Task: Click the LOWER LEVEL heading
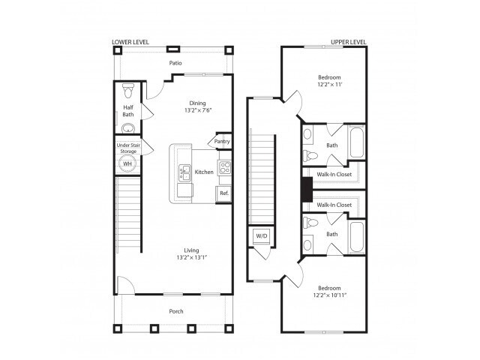(x=133, y=42)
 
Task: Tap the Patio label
(x=175, y=63)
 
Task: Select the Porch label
(x=175, y=311)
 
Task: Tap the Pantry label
(x=222, y=141)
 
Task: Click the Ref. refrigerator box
(x=223, y=193)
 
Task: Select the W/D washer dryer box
(x=262, y=235)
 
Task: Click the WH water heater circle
(x=127, y=163)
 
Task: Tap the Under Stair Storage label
(x=128, y=148)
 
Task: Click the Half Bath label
(x=128, y=111)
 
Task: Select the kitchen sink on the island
(x=184, y=173)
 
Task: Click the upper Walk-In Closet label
(x=334, y=174)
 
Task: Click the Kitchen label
(x=204, y=172)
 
